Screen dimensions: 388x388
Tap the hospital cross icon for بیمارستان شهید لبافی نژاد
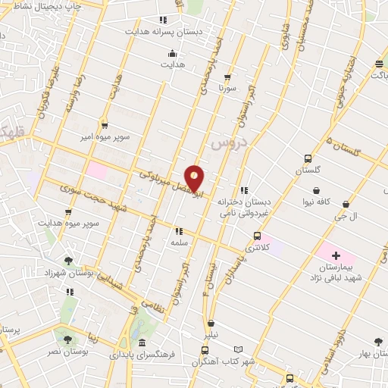click(336, 256)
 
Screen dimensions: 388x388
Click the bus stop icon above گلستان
click(308, 159)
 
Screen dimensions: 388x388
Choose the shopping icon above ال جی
click(346, 204)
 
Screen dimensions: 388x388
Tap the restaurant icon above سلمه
click(180, 231)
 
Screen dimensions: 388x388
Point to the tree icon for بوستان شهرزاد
click(69, 261)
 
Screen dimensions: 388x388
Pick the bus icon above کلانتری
click(258, 236)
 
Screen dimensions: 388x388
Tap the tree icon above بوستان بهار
click(378, 343)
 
